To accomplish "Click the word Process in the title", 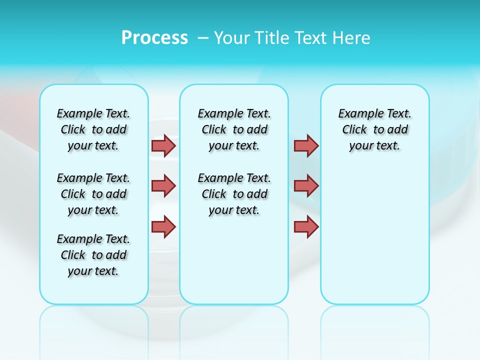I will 154,38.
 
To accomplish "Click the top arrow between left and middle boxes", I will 163,145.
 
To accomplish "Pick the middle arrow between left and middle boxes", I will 163,186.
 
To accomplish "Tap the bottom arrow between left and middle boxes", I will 163,226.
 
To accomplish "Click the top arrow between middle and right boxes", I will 306,145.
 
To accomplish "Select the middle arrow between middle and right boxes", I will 306,186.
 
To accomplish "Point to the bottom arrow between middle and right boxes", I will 306,226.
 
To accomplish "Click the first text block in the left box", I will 93,129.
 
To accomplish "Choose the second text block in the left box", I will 93,194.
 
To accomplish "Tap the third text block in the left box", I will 93,255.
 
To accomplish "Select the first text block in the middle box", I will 234,129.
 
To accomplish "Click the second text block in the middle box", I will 234,194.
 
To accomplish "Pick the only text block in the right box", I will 375,129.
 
